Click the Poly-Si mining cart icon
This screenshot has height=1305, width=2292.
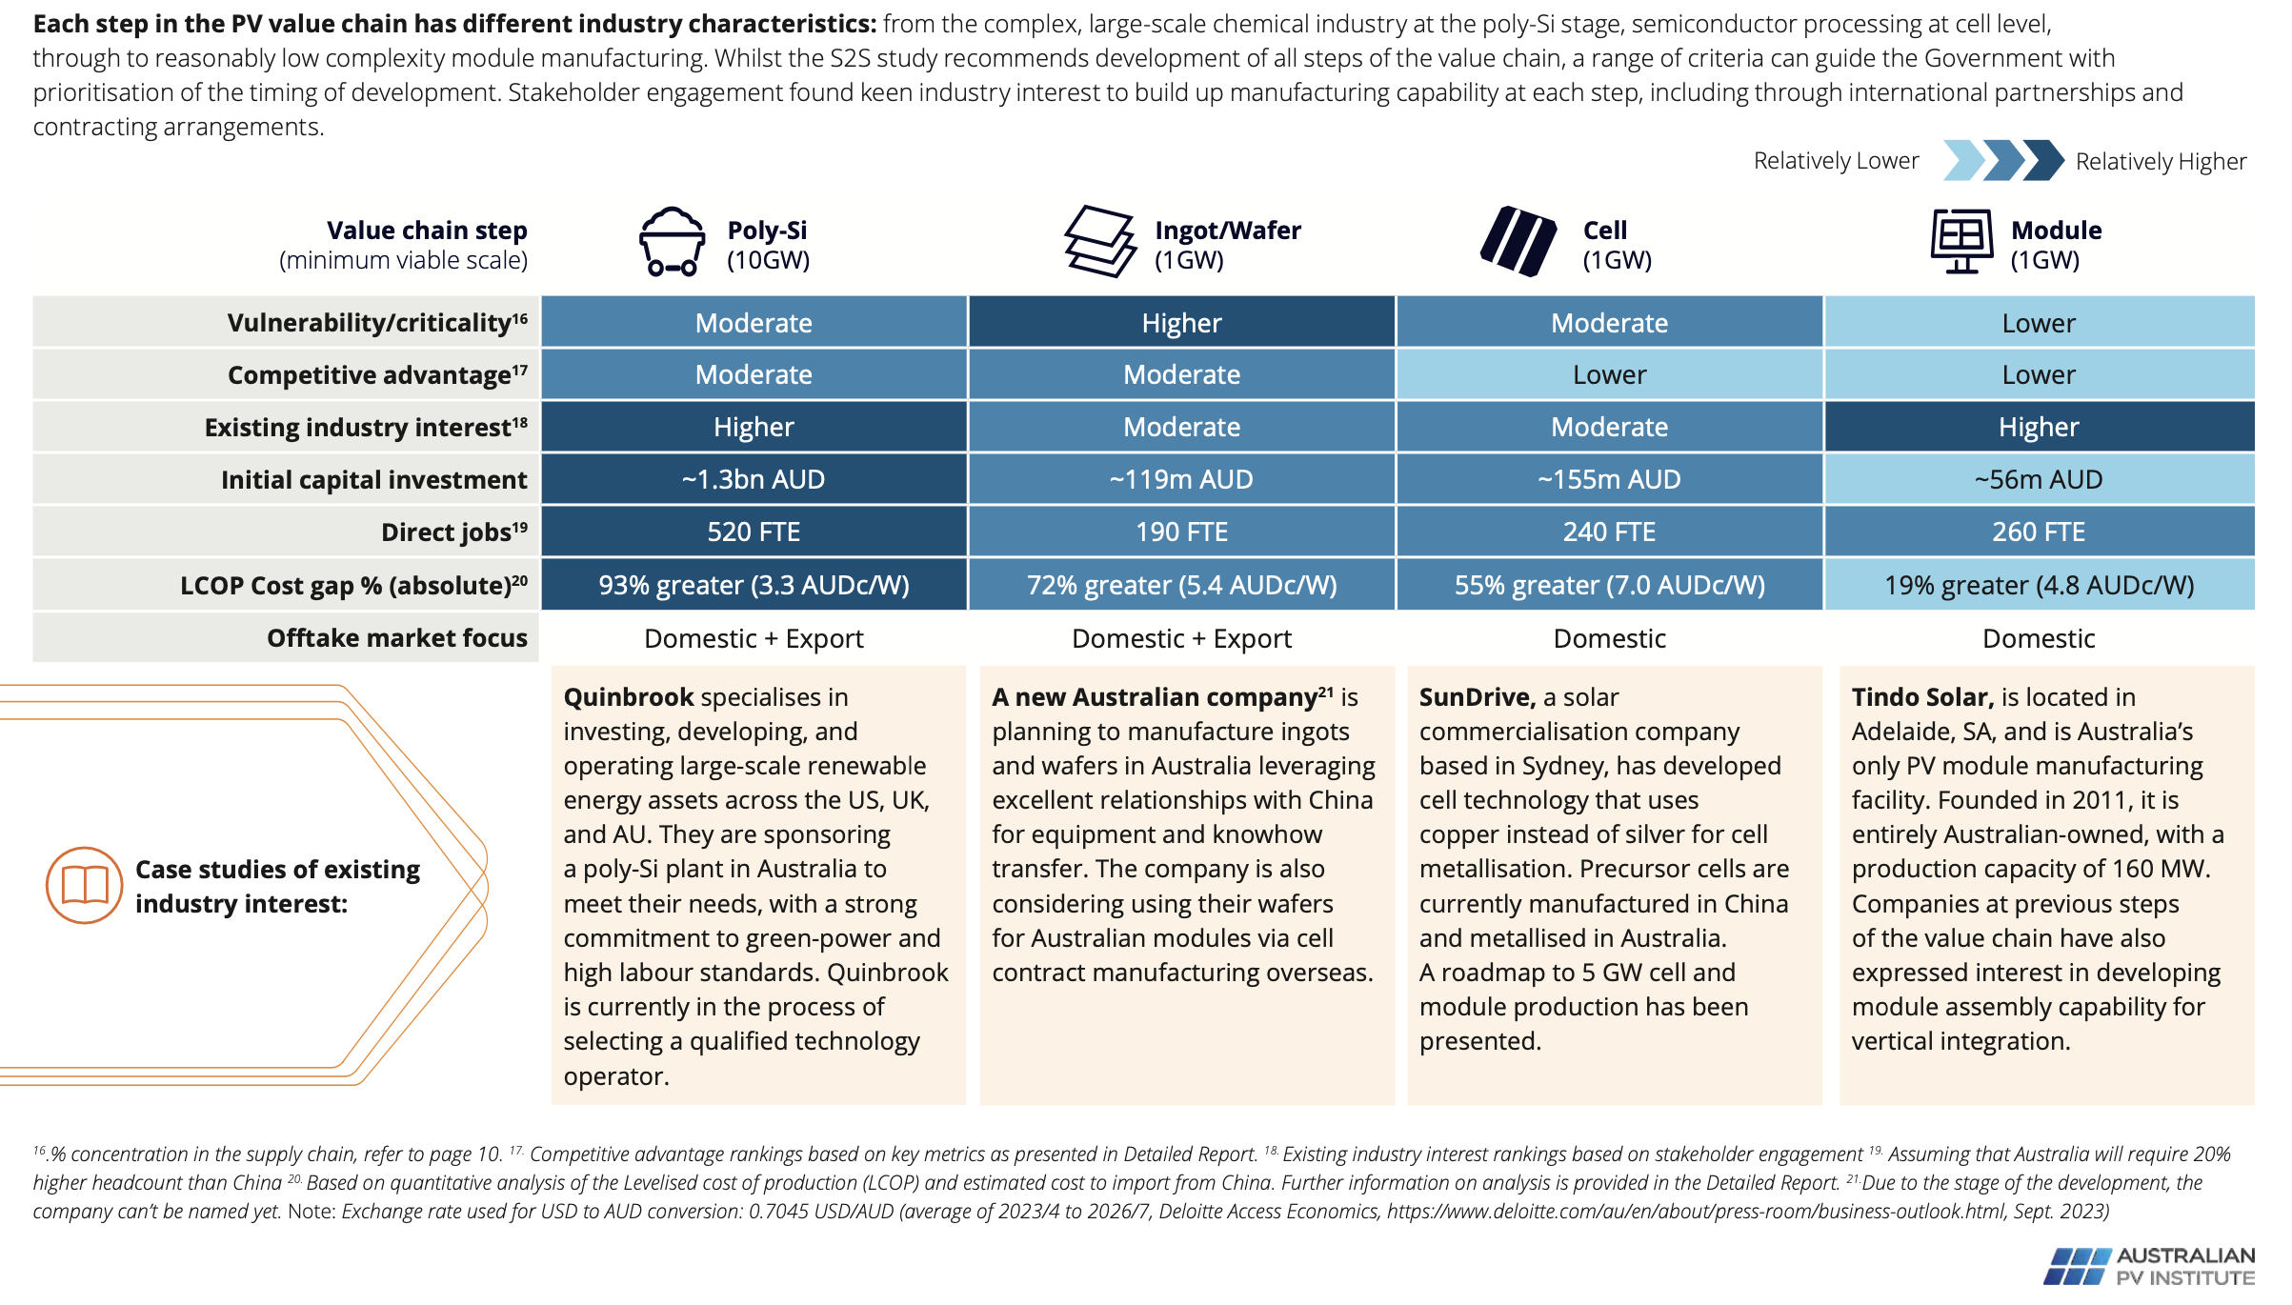tap(672, 242)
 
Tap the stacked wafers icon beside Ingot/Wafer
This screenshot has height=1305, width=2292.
tap(1099, 242)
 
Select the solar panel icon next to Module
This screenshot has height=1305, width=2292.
tap(1961, 242)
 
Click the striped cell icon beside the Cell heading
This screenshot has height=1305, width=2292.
tap(1518, 242)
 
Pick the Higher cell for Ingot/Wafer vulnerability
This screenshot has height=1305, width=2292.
tap(1181, 323)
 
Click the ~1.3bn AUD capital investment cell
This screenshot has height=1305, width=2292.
tap(754, 479)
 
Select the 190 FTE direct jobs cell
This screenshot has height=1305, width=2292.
tap(1181, 532)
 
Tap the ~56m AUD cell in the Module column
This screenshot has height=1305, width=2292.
tap(2039, 479)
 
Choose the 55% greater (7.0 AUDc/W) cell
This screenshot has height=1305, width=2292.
tap(1609, 585)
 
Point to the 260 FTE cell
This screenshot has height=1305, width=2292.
tap(2039, 532)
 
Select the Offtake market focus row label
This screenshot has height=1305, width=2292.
tap(396, 638)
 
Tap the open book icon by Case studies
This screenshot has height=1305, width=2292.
tap(85, 885)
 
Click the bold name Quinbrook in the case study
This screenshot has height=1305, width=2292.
tap(629, 697)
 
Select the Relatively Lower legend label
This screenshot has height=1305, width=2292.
tap(1836, 161)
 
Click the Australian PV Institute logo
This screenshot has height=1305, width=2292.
tap(2149, 1266)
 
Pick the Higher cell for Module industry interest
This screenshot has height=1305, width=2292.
tap(2039, 427)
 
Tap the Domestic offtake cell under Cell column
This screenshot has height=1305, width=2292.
tap(1609, 638)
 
